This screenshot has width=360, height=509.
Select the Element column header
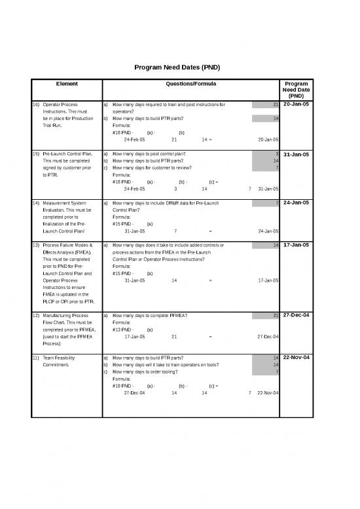click(67, 85)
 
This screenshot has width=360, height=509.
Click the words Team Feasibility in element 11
click(58, 358)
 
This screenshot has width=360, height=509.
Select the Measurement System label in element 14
click(63, 203)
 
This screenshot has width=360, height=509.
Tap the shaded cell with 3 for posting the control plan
click(267, 154)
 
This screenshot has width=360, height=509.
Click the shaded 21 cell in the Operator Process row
click(267, 104)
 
